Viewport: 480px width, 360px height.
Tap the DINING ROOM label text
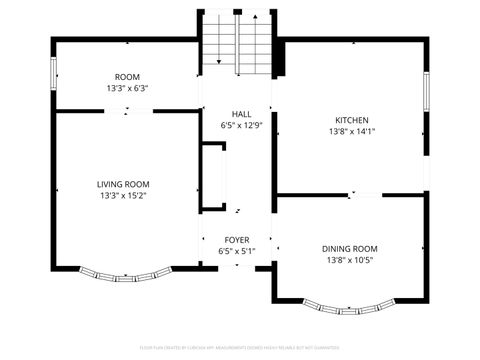click(x=350, y=248)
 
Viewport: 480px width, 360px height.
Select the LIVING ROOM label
click(x=123, y=184)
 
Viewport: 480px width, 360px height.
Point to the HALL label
click(x=241, y=113)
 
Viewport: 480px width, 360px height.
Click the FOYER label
click(x=237, y=240)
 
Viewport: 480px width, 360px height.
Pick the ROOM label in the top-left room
click(x=127, y=77)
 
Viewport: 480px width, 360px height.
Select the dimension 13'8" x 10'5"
click(x=350, y=260)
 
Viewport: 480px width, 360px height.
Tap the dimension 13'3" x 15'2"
click(x=123, y=196)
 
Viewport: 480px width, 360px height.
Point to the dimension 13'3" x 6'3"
click(x=127, y=89)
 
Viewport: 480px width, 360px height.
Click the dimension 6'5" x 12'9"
click(x=241, y=125)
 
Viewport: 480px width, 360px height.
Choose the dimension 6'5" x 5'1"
click(x=237, y=252)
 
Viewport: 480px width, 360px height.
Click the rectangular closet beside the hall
click(x=213, y=177)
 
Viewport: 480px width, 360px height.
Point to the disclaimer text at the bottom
click(x=240, y=349)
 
